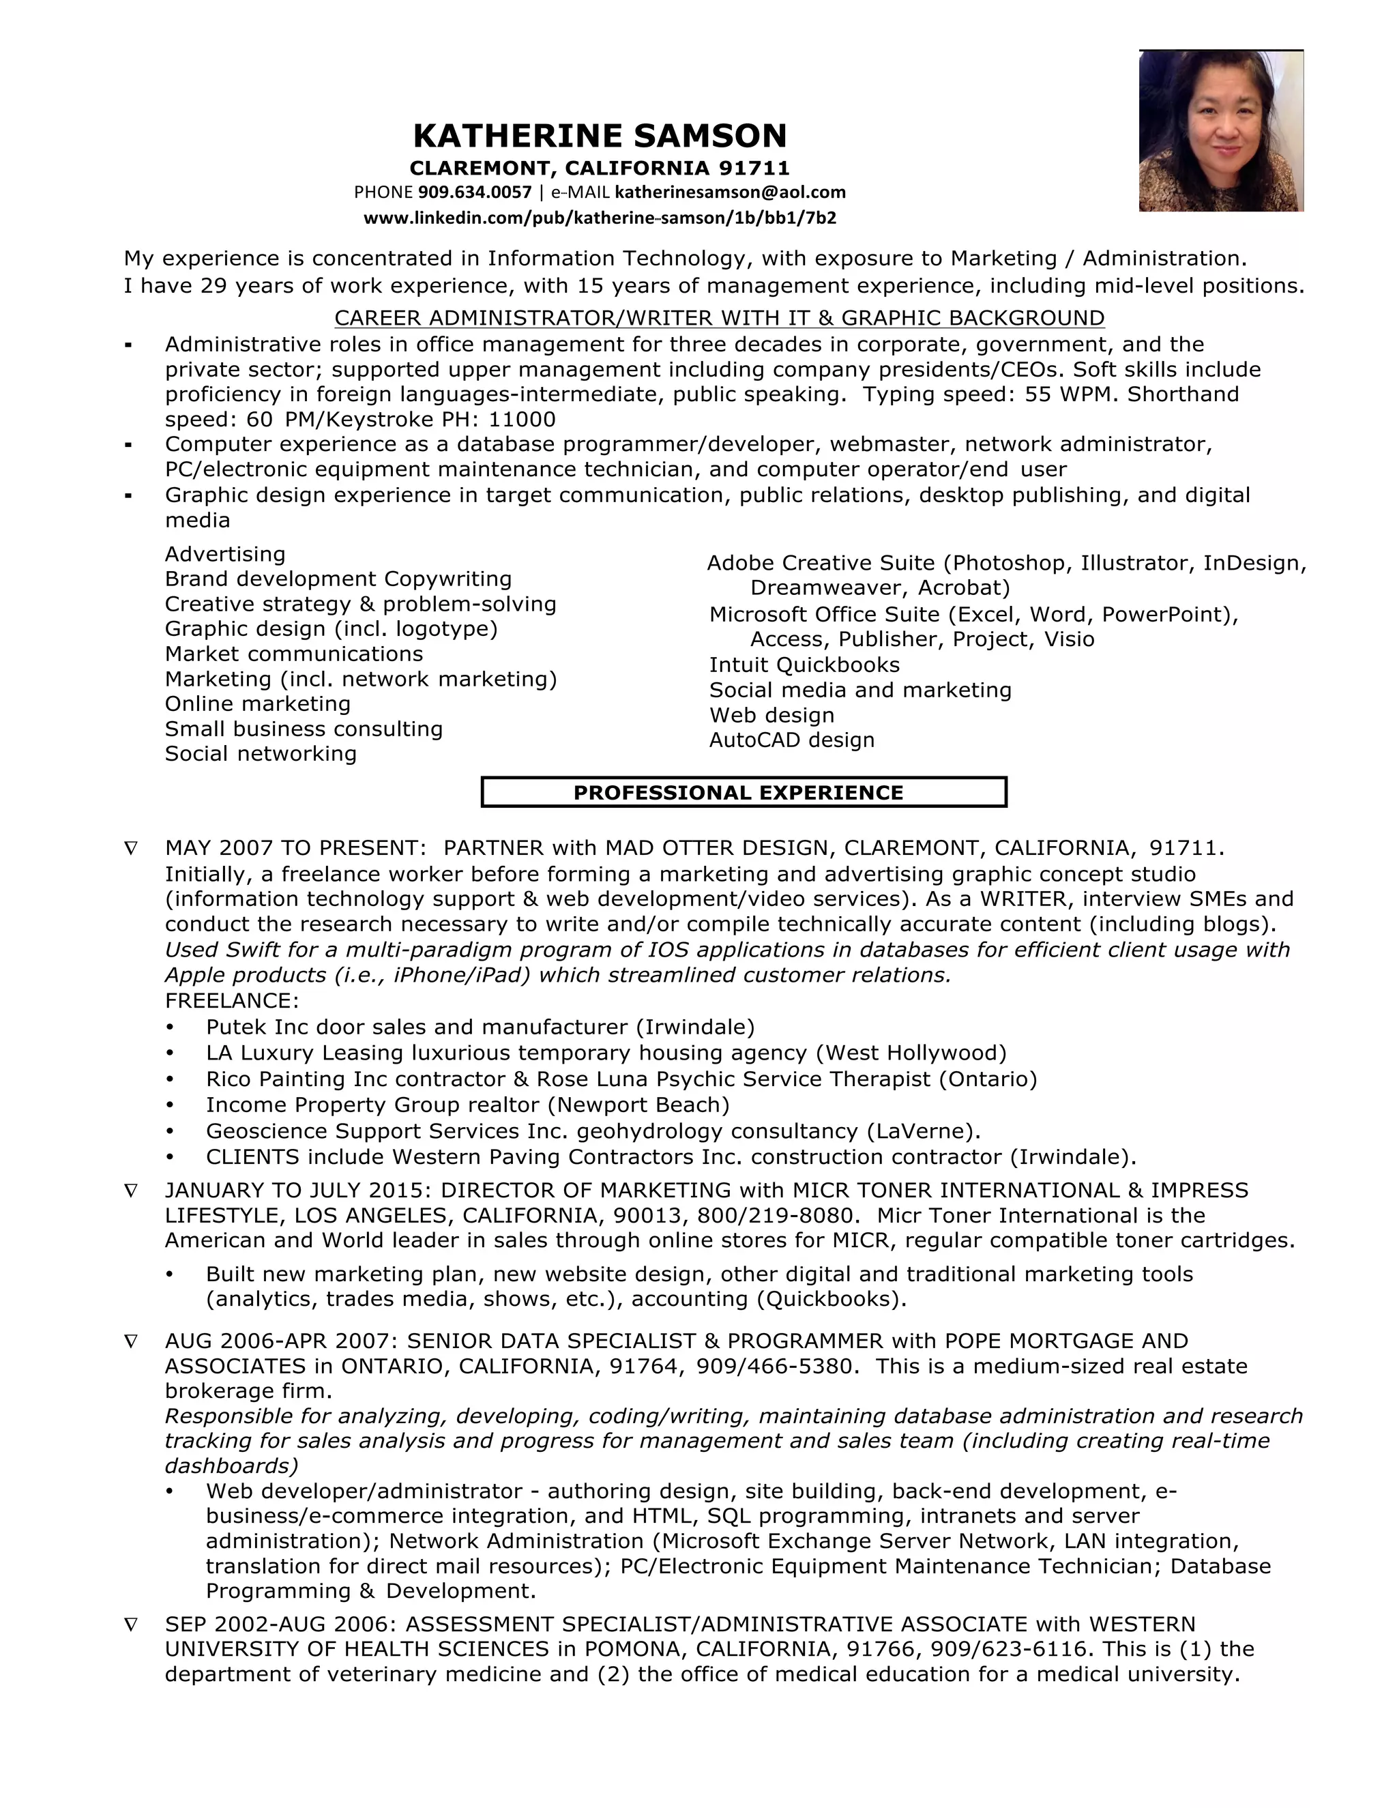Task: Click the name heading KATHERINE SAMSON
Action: click(x=599, y=136)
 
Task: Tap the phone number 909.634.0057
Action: click(x=474, y=193)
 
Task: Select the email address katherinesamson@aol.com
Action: click(x=730, y=193)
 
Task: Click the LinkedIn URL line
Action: click(x=599, y=218)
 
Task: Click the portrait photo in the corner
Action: click(x=1221, y=131)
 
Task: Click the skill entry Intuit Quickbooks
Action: click(x=804, y=665)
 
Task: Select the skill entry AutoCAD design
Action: click(x=791, y=740)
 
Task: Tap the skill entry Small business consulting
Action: click(x=304, y=729)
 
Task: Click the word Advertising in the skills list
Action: click(x=225, y=554)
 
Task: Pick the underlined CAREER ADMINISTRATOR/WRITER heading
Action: click(x=718, y=318)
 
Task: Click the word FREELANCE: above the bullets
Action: click(x=232, y=1000)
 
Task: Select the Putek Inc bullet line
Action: click(x=480, y=1027)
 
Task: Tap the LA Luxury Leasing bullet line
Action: click(x=606, y=1053)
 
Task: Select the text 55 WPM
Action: click(x=1071, y=394)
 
